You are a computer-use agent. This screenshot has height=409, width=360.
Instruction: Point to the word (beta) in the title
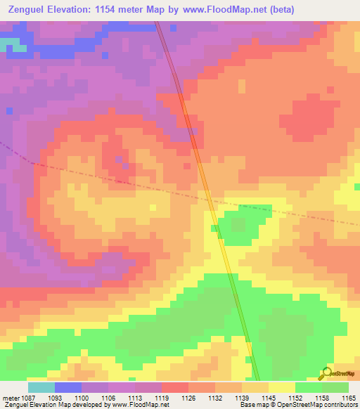(x=279, y=10)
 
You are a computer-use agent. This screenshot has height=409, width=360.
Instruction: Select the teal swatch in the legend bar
(x=41, y=387)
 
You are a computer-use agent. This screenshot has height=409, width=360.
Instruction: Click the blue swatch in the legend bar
(x=68, y=387)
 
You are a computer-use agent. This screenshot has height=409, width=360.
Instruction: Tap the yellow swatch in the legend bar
(x=281, y=387)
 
